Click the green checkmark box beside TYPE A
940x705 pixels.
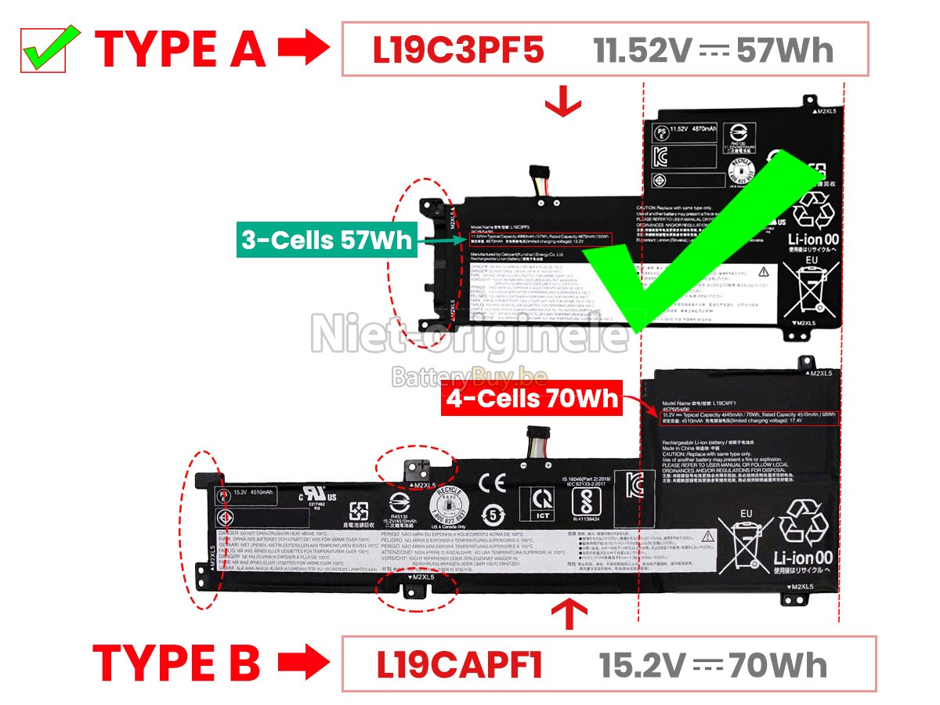43,49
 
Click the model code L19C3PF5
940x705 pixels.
457,50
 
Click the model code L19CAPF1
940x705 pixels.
459,664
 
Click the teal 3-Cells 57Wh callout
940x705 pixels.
326,240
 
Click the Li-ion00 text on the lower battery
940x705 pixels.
803,558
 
